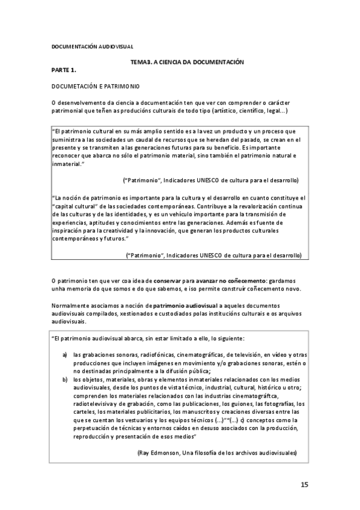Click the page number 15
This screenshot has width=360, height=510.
click(304, 485)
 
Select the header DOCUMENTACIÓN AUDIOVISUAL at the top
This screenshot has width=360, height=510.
click(92, 46)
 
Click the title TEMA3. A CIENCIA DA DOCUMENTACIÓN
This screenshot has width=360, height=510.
click(186, 61)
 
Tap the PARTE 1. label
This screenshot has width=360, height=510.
click(64, 70)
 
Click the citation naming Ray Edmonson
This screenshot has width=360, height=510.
click(218, 452)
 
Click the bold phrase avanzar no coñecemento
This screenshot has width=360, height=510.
click(231, 280)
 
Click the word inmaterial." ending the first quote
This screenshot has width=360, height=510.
click(69, 164)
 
